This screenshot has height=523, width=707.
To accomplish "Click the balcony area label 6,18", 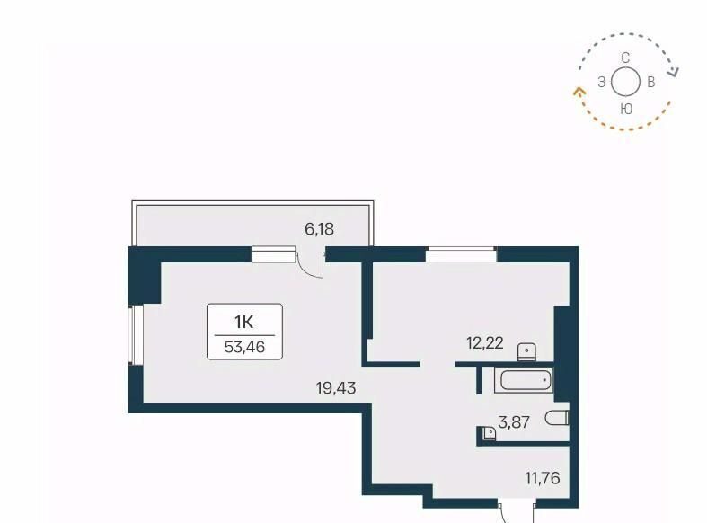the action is point(319,229).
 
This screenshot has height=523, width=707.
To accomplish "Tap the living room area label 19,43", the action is point(336,387).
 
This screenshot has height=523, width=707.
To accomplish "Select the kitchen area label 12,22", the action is point(485,343).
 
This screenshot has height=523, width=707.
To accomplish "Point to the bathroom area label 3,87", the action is point(514,422).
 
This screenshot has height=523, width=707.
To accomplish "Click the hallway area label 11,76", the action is point(543,478).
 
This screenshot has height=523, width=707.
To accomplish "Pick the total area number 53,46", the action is point(244,347).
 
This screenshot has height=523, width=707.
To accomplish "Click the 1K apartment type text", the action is point(244,322).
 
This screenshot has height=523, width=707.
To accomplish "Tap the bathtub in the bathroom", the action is point(524,380).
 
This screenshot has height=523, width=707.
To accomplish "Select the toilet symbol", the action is point(557,418).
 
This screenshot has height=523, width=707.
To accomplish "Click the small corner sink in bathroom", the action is point(490,433).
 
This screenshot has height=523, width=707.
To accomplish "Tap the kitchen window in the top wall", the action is point(461,254).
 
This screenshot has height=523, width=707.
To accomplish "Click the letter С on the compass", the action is point(625,58).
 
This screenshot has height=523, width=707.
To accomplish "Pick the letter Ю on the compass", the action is point(626,109).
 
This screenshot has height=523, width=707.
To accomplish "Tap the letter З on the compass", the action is point(602,83).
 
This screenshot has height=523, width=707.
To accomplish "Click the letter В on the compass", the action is point(650,83).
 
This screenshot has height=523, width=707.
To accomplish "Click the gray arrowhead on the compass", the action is point(674,72).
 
